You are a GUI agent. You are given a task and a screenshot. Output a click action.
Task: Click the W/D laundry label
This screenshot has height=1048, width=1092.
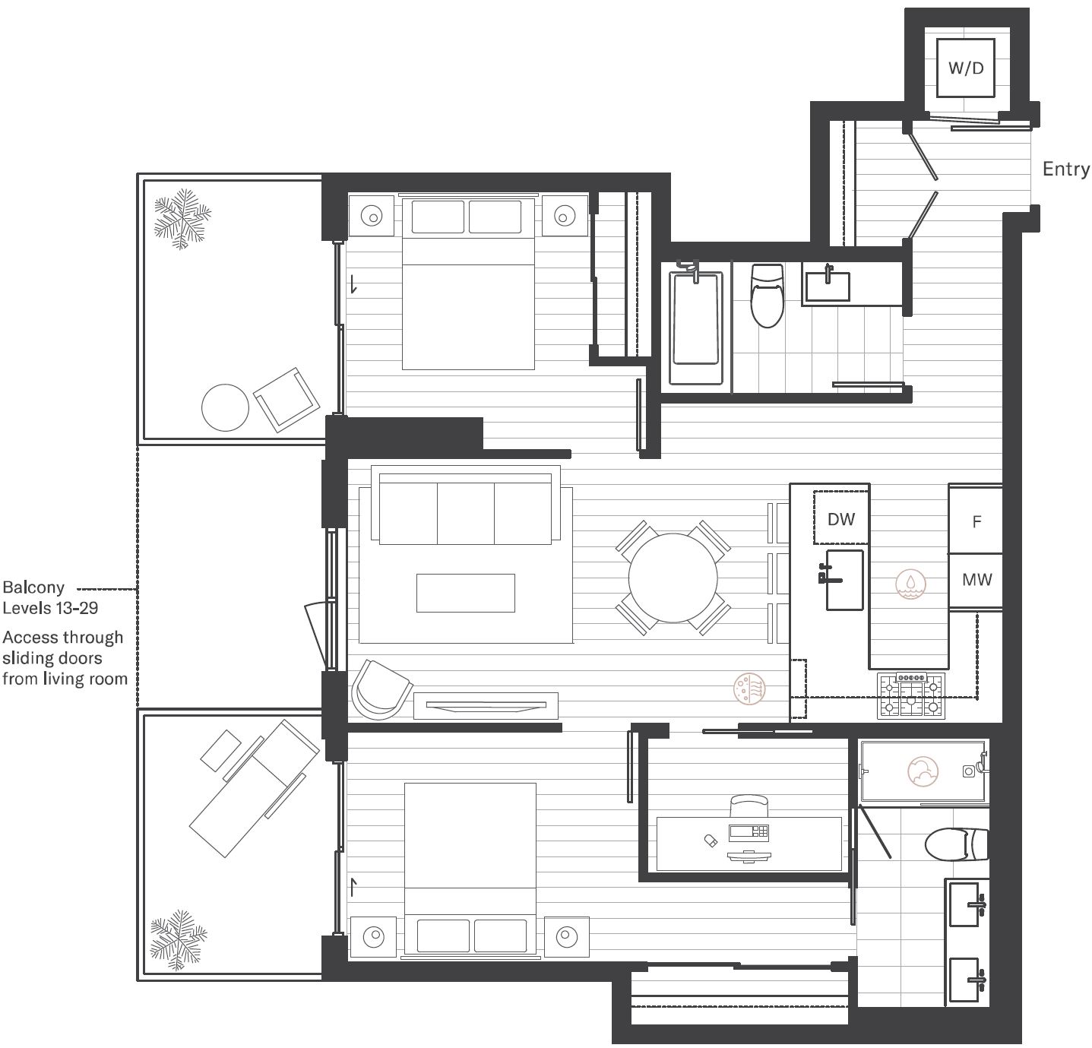966,68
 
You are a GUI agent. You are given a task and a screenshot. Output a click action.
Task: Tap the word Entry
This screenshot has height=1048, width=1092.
1065,169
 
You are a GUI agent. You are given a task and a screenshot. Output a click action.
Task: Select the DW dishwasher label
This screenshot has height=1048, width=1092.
841,519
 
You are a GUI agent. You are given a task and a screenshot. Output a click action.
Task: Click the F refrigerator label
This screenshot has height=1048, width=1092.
976,522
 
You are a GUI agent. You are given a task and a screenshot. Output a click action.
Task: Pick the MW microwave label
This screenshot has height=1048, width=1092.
977,580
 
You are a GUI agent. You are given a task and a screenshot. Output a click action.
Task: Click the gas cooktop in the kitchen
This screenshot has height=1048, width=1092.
911,695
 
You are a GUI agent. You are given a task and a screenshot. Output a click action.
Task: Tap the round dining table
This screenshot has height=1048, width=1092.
673,578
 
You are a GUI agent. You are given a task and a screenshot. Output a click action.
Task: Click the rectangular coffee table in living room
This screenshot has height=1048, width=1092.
466,593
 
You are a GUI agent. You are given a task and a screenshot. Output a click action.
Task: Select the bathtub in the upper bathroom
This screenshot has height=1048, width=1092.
696,328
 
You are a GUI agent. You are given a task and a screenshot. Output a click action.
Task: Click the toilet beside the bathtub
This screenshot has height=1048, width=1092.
767,296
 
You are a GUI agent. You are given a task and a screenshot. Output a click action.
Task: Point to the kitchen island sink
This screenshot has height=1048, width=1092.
844,580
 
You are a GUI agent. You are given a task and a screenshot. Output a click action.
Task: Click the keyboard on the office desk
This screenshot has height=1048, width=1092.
749,833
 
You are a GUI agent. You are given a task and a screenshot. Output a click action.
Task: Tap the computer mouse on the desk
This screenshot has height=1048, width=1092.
711,841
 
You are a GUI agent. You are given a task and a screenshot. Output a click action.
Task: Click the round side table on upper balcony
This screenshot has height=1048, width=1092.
225,407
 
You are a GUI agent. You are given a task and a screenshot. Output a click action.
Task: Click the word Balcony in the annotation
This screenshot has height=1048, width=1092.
33,587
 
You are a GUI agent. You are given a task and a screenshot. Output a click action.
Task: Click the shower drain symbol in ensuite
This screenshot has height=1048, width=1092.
969,771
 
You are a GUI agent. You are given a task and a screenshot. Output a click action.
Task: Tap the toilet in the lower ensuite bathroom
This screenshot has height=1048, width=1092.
956,845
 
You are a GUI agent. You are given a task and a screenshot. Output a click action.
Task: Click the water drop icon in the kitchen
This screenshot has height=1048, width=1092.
910,584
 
